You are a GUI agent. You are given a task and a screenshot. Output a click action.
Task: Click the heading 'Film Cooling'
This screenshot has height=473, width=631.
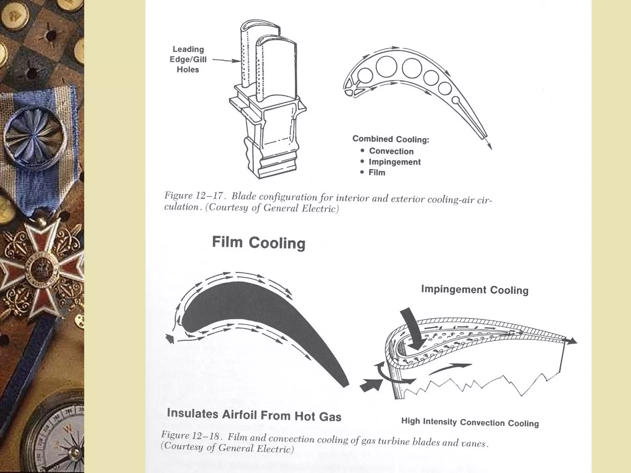pyautogui.click(x=259, y=243)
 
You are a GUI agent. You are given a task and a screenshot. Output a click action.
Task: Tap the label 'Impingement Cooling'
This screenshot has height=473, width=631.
pyautogui.click(x=474, y=290)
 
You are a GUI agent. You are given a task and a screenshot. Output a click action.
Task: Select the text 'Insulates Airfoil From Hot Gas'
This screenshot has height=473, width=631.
pyautogui.click(x=254, y=415)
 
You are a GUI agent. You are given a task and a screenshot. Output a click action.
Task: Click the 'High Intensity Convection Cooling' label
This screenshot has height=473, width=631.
pyautogui.click(x=470, y=422)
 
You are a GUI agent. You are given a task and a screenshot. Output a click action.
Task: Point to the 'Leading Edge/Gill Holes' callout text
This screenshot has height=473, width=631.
pyautogui.click(x=188, y=59)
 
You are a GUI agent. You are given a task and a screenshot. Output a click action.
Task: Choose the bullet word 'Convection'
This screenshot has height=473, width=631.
pyautogui.click(x=391, y=151)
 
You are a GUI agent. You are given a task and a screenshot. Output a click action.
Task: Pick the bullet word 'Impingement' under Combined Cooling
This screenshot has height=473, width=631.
pyautogui.click(x=394, y=162)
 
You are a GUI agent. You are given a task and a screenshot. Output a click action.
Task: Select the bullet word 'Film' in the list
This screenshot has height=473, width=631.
pyautogui.click(x=377, y=172)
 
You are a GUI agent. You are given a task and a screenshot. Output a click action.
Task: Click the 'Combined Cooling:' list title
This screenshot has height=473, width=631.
pyautogui.click(x=391, y=139)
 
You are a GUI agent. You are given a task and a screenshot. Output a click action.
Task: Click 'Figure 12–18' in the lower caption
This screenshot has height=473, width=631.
pyautogui.click(x=191, y=435)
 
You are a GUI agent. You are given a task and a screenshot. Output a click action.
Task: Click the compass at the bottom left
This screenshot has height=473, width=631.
pyautogui.click(x=55, y=437)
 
